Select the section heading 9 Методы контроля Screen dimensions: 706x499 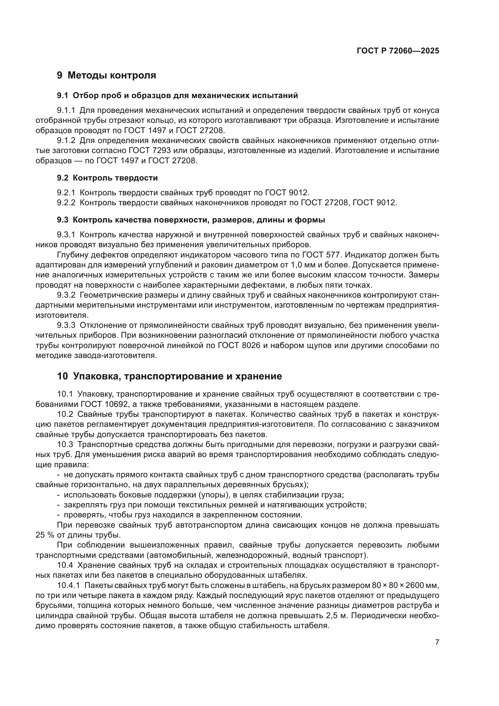[106, 75]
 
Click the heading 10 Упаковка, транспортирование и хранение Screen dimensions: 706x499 [169, 376]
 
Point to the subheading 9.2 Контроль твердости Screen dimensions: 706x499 [107, 178]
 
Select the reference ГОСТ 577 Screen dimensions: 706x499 [321, 255]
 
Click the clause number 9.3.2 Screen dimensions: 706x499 [66, 295]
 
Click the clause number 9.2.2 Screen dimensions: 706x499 [66, 203]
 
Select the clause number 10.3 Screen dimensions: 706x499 [65, 445]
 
